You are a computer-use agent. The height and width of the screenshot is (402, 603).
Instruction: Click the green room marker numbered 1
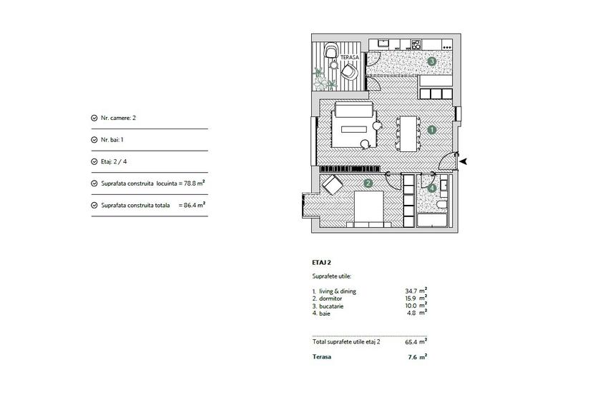click(431, 130)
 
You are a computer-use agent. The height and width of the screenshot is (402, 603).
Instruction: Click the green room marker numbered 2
click(368, 184)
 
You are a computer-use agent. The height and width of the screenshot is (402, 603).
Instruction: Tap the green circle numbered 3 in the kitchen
click(431, 62)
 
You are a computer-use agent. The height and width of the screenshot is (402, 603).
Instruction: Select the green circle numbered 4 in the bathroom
click(431, 189)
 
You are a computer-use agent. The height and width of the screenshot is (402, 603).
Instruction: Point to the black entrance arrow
click(464, 161)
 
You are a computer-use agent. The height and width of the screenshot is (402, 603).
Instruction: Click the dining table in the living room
click(408, 134)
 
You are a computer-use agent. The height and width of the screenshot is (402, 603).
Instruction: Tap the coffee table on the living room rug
click(354, 130)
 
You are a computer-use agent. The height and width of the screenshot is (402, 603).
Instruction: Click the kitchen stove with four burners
click(414, 44)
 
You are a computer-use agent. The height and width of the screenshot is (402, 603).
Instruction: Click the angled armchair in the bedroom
click(332, 185)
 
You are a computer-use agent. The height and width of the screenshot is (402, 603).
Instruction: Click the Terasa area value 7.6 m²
click(416, 356)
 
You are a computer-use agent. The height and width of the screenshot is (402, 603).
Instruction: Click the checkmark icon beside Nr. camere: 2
click(94, 118)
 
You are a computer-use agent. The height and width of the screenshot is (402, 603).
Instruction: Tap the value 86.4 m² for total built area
click(194, 205)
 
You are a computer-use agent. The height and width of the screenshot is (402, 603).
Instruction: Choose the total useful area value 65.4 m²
click(416, 341)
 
